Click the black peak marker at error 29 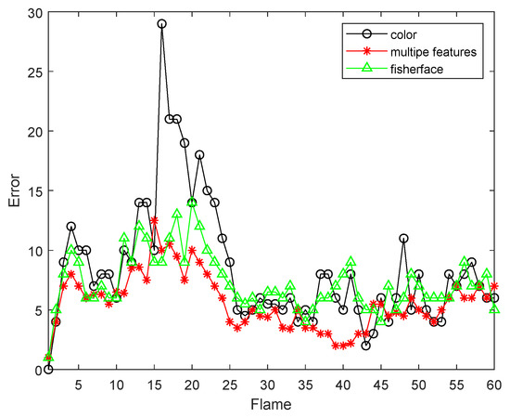pos(162,23)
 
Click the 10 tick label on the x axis pos(117,383)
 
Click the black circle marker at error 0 pos(48,369)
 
